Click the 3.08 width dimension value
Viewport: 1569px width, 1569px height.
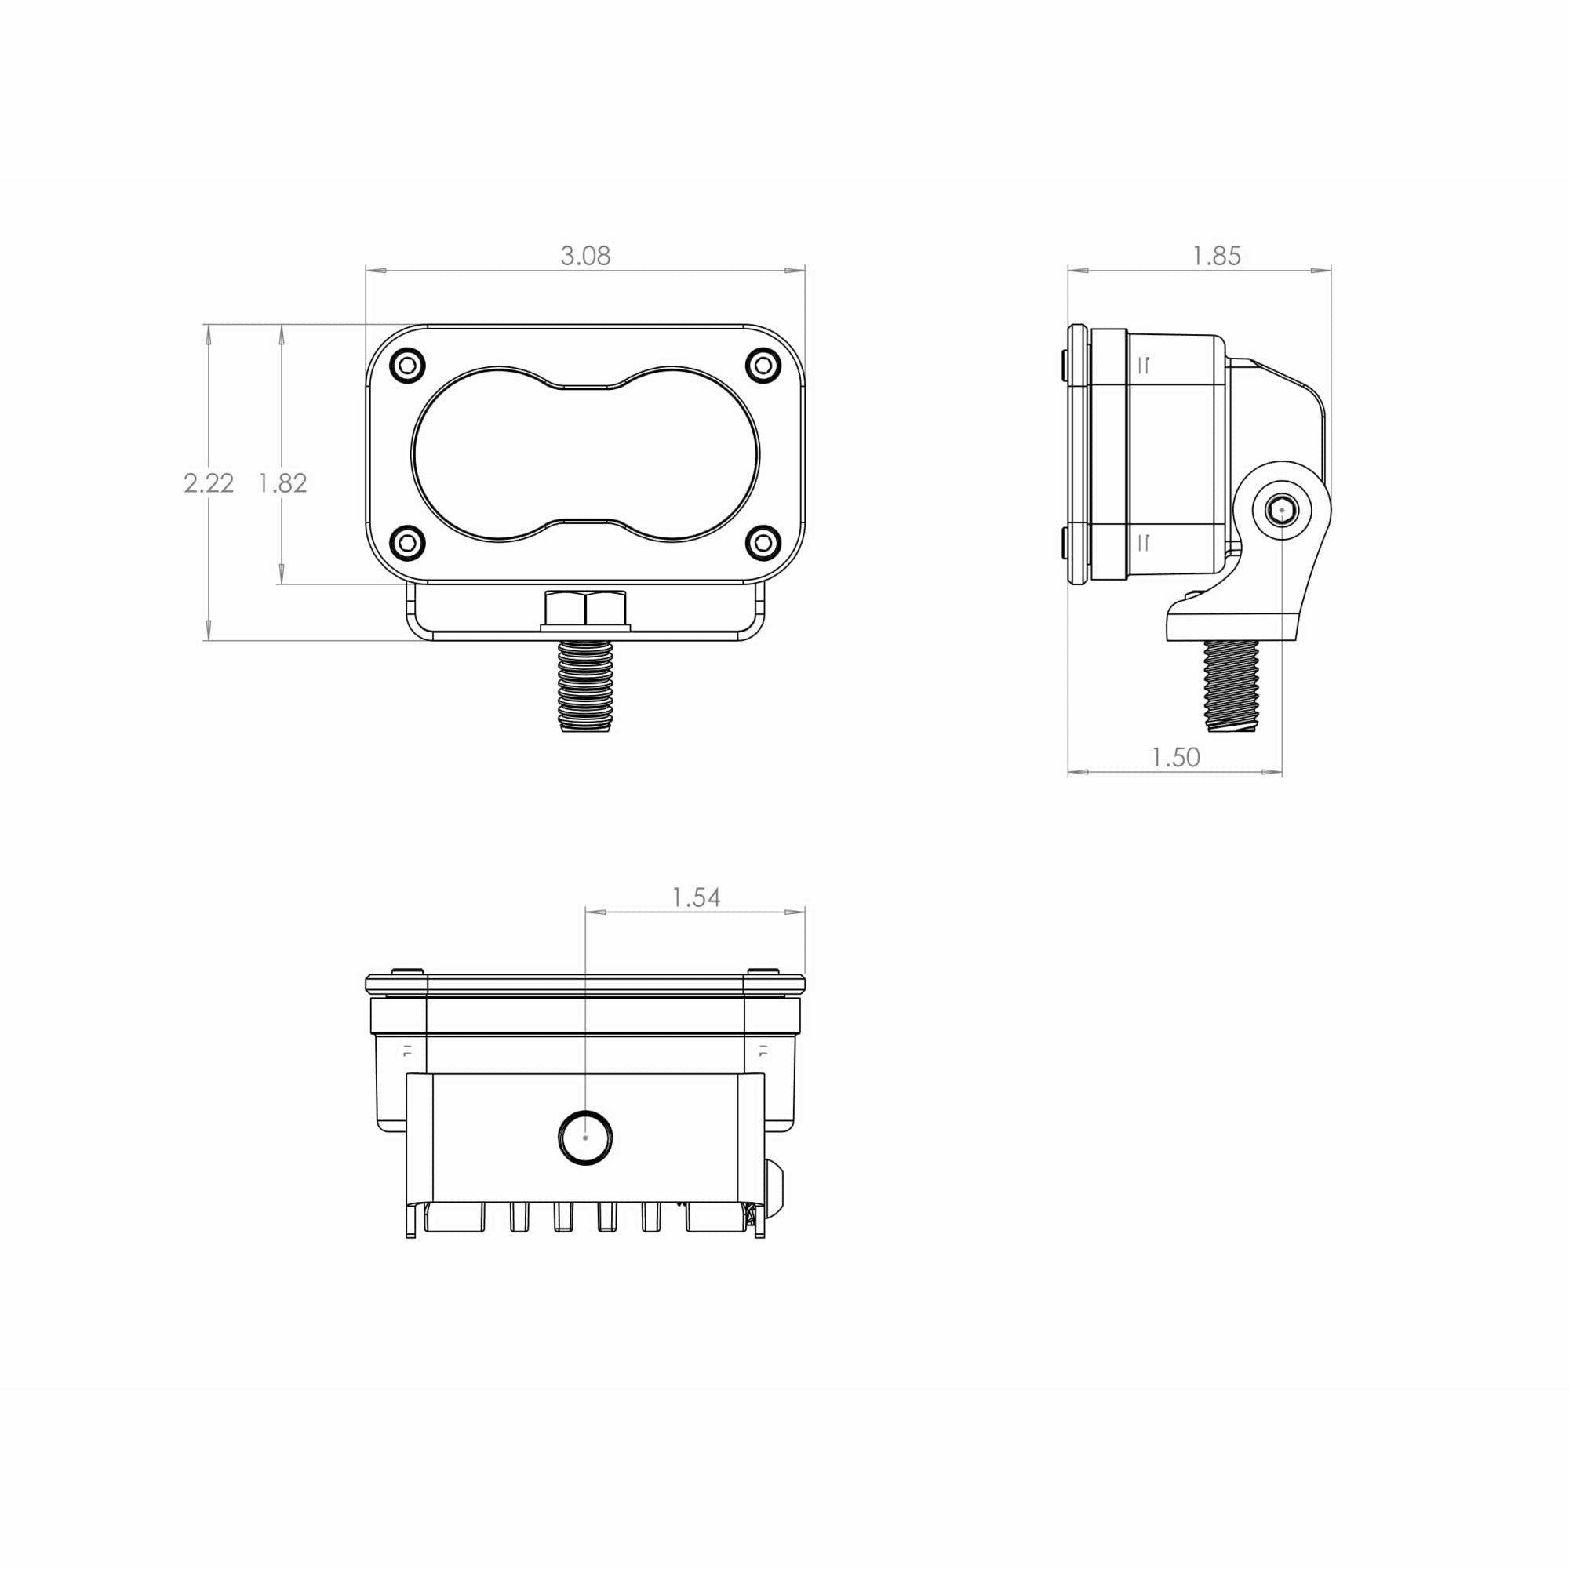tap(584, 256)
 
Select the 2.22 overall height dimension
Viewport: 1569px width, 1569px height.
tap(209, 483)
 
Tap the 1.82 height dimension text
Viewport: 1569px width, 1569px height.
tap(282, 483)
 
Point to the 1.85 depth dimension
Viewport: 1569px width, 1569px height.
tap(1216, 256)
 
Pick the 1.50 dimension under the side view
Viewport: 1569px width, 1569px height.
tap(1175, 757)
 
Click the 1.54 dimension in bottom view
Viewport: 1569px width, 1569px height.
tap(696, 897)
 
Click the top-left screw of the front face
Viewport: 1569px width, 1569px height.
tap(408, 366)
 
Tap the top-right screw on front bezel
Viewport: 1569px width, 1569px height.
tap(763, 366)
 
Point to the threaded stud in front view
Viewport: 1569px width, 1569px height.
tap(585, 686)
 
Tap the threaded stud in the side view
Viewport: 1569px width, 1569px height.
tap(1232, 684)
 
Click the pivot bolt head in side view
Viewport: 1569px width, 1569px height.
tap(1282, 511)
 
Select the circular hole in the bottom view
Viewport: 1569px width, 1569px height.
tap(585, 1137)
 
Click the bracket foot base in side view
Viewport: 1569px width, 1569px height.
tap(1230, 626)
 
